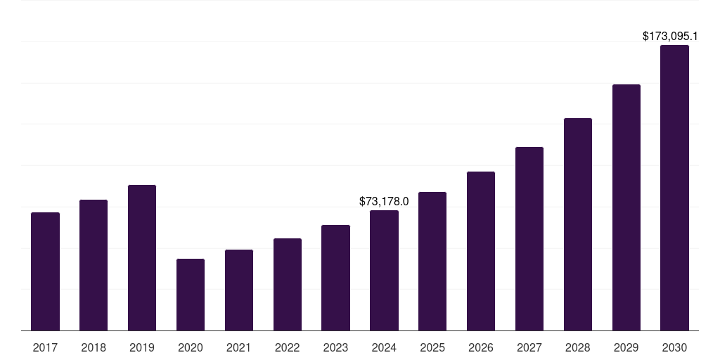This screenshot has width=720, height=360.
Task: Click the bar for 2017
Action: (45, 271)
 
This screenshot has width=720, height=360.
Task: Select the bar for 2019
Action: (142, 257)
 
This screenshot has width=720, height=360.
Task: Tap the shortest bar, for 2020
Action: (191, 295)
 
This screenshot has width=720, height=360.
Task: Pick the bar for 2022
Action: (288, 284)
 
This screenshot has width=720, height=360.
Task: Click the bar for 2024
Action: (384, 270)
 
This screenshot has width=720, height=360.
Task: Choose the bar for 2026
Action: (481, 251)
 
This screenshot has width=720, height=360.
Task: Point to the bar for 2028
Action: (578, 224)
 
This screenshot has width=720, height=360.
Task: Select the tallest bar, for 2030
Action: (674, 188)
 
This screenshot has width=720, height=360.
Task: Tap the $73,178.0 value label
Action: (384, 201)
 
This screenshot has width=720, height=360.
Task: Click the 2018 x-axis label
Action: (94, 347)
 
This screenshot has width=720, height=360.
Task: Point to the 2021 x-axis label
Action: (239, 347)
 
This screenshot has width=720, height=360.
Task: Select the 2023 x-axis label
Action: (335, 347)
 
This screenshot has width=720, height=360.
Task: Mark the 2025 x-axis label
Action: (432, 347)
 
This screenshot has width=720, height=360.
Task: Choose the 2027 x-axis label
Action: (529, 347)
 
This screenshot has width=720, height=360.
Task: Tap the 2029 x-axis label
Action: (626, 347)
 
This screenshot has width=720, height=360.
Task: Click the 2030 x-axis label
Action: (674, 347)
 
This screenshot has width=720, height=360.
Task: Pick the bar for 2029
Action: (626, 207)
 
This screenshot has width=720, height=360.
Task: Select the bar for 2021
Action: (239, 290)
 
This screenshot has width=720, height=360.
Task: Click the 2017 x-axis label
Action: (45, 347)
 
